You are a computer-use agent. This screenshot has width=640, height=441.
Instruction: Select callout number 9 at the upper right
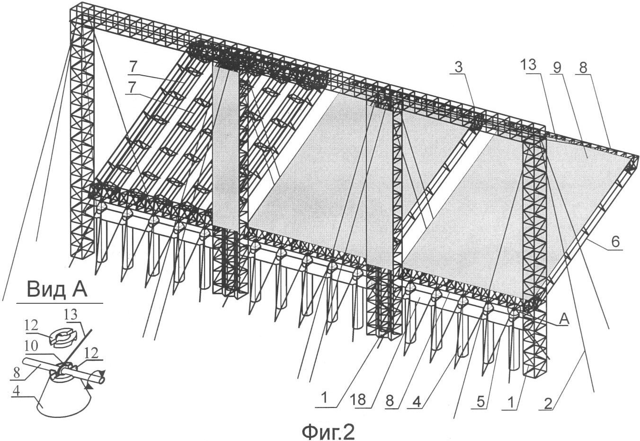coord(558,68)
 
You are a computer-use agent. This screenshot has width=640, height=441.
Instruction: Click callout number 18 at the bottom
coord(360,400)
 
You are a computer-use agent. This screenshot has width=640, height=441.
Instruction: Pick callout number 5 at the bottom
coord(480,402)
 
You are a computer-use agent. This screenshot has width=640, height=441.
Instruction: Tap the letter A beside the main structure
coord(564,320)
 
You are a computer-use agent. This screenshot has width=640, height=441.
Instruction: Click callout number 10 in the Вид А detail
coord(31,346)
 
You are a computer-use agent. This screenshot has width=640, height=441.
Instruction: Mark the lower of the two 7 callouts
coord(131,88)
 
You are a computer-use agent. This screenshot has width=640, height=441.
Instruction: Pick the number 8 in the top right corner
coord(583,67)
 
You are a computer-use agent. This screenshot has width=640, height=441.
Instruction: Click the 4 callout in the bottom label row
coord(417,402)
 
